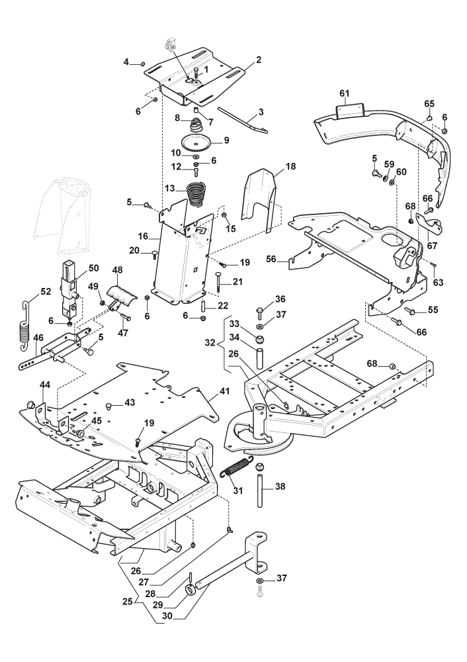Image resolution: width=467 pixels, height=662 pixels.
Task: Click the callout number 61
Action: coord(345,93)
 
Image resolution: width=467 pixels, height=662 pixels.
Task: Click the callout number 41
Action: coord(225,391)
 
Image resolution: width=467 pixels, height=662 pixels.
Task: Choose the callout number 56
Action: coord(271,259)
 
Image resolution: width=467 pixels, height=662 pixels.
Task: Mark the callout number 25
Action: coord(128,601)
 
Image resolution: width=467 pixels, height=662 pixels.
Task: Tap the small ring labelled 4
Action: coord(143,64)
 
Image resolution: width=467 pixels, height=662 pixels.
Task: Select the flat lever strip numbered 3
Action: coord(243,120)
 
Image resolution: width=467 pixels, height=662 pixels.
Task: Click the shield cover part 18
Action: coord(260,200)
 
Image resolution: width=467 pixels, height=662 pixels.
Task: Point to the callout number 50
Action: coord(94,268)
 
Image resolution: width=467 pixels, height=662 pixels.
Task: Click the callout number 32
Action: coord(210,342)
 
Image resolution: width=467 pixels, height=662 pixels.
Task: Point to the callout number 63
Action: coord(439,281)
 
